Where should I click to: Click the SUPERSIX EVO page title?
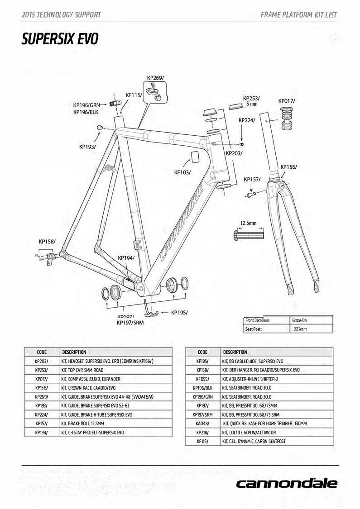60,40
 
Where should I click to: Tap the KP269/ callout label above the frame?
155,78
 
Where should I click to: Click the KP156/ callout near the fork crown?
288,167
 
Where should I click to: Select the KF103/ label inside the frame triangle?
182,172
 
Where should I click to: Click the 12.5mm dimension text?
248,223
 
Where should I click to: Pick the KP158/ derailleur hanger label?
47,242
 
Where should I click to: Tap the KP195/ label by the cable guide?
179,312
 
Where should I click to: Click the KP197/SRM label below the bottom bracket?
130,323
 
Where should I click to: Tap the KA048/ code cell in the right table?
202,423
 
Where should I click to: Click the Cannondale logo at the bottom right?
287,483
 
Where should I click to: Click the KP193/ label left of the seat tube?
87,147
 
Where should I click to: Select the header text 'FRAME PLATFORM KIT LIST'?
299,15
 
